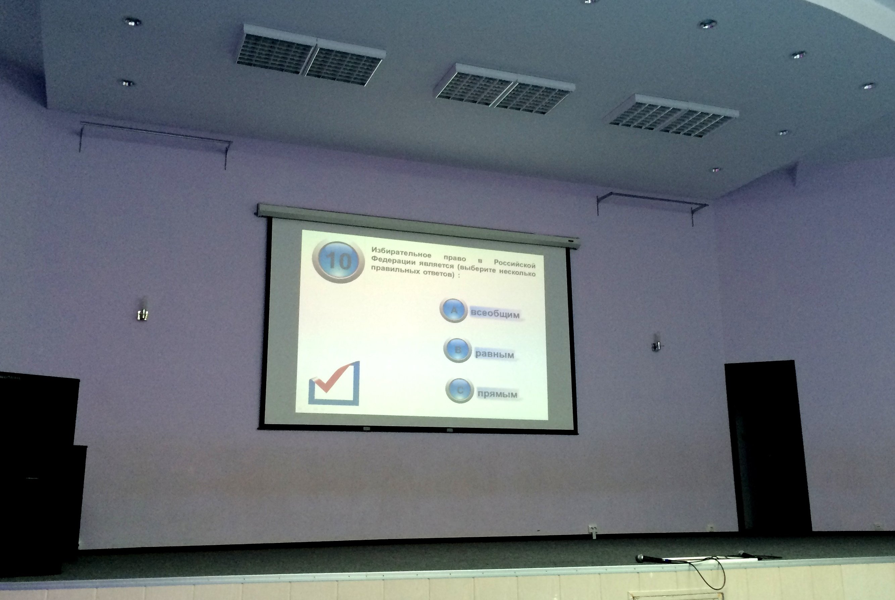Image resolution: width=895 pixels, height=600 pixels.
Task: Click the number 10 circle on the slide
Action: click(338, 261)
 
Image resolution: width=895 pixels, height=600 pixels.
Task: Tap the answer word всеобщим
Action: click(495, 313)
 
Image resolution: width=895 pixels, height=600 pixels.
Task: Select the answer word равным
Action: click(494, 354)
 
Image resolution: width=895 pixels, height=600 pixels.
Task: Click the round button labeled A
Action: click(454, 310)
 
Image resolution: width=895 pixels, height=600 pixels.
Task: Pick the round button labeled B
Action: click(457, 350)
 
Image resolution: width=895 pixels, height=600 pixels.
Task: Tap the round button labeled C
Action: click(459, 390)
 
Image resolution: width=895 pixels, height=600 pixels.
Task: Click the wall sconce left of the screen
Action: click(142, 311)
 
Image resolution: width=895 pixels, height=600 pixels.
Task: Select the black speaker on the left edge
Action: click(38, 472)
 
